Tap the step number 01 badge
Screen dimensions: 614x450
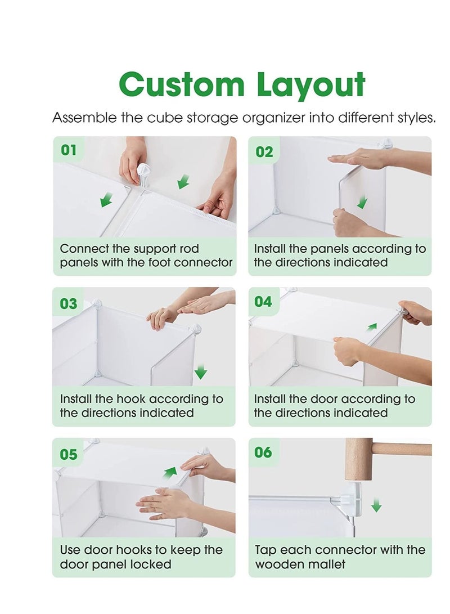68,150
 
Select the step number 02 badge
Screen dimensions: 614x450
264,152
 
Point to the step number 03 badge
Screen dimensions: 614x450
68,304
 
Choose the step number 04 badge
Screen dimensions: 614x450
263,302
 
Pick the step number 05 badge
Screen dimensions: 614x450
68,454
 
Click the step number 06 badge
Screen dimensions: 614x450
263,452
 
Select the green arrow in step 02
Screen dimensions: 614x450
362,201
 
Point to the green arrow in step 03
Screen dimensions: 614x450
201,372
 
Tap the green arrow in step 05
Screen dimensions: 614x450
170,472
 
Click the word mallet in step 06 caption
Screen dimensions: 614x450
327,564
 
